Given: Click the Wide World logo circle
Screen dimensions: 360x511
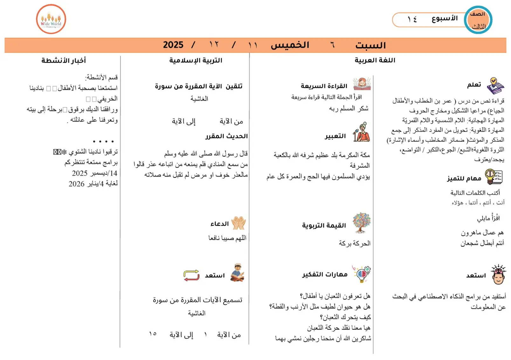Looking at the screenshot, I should (51, 19).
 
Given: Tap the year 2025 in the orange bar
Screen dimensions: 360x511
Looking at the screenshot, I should (173, 45).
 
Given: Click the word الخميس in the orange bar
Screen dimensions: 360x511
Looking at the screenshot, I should (290, 45).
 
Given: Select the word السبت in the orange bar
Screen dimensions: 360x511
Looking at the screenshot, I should (370, 45).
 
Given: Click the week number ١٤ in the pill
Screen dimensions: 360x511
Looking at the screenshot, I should (412, 19).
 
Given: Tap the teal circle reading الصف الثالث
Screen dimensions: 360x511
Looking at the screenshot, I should (478, 20).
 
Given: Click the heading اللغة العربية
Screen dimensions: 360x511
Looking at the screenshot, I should (375, 60).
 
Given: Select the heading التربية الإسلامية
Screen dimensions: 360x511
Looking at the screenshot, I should (196, 60).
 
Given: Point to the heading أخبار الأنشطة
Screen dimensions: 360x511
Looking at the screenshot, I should (64, 60).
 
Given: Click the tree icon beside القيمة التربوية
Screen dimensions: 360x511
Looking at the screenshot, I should (362, 223).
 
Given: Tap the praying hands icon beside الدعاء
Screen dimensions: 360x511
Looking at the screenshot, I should (238, 223).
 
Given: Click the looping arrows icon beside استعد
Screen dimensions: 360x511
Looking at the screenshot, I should (191, 275).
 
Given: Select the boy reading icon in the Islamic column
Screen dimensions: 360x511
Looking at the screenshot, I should (237, 272).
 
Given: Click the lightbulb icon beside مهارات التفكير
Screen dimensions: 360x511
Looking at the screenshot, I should (362, 274).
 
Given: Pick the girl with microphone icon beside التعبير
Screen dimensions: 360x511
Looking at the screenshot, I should (362, 132).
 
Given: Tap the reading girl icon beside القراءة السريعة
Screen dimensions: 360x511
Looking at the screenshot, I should (362, 84).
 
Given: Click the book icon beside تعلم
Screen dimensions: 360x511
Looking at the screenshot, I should (495, 85).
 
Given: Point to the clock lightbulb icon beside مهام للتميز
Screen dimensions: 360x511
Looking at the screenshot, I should (494, 177).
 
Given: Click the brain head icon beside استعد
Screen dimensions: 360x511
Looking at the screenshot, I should (498, 274).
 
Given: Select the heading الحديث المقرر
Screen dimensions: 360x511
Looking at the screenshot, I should (226, 136).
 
